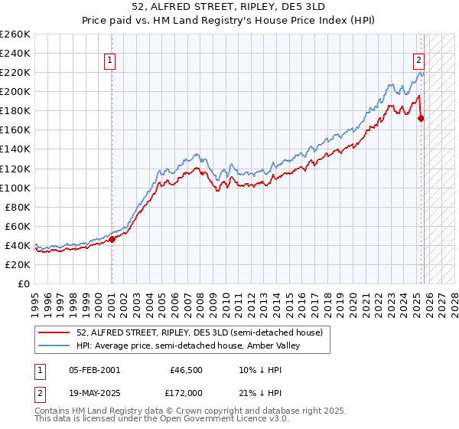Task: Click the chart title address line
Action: [229, 7]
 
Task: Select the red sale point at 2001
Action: [112, 239]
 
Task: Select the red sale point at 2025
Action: [421, 118]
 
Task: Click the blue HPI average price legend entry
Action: [188, 345]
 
